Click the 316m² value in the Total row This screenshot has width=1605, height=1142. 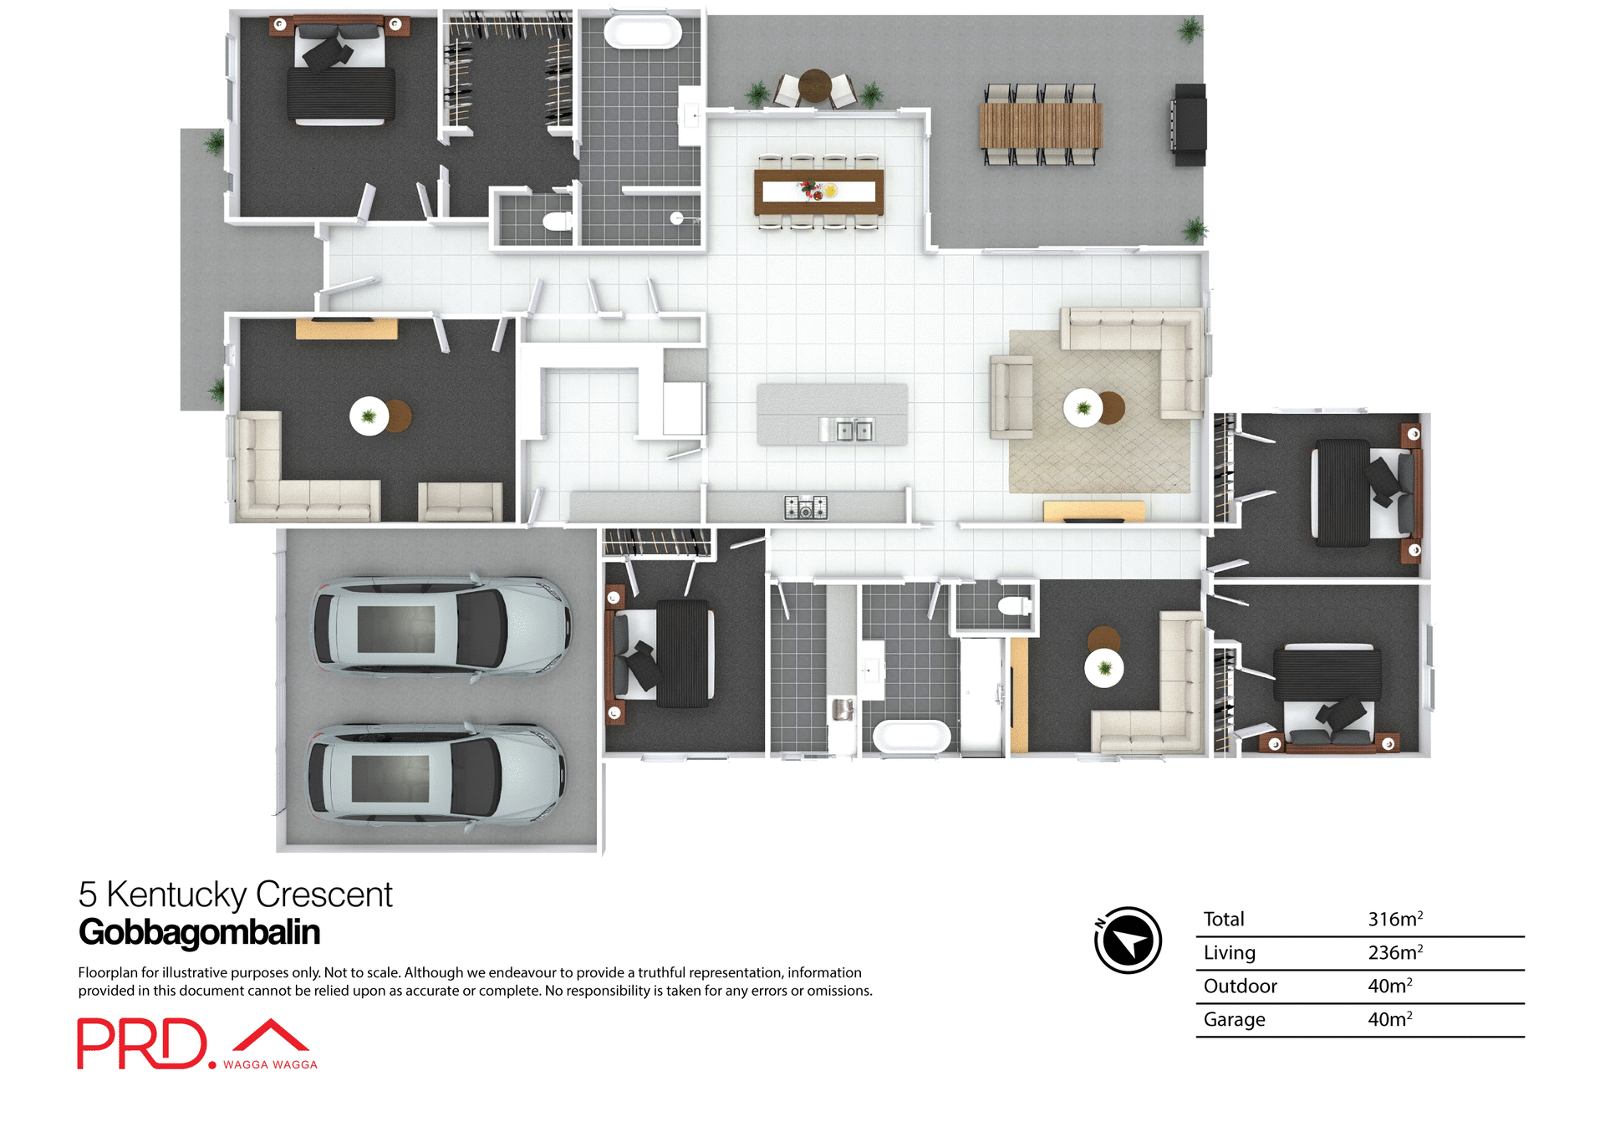pyautogui.click(x=1394, y=919)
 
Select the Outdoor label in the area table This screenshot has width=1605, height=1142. pyautogui.click(x=1240, y=986)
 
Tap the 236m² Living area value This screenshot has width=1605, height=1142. pyautogui.click(x=1394, y=952)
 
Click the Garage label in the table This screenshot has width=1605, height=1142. pyautogui.click(x=1234, y=1019)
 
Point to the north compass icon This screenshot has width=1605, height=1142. pyautogui.click(x=1128, y=940)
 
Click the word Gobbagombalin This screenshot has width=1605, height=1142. pyautogui.click(x=199, y=932)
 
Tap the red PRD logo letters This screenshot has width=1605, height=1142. pyautogui.click(x=142, y=1043)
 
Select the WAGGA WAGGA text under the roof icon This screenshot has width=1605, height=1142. pyautogui.click(x=270, y=1064)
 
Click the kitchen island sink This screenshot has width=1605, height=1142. pyautogui.click(x=846, y=430)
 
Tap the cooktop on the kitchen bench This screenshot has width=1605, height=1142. pyautogui.click(x=805, y=507)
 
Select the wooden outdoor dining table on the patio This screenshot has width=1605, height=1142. pyautogui.click(x=1040, y=125)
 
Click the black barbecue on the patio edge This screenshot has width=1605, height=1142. pyautogui.click(x=1190, y=125)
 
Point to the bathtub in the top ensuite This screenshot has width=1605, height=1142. pyautogui.click(x=642, y=33)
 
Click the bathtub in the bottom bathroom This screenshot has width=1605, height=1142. pyautogui.click(x=911, y=737)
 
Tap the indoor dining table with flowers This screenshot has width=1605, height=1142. pyautogui.click(x=818, y=191)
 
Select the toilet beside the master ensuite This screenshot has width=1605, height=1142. pyautogui.click(x=556, y=222)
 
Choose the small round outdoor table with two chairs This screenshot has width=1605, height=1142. pyautogui.click(x=814, y=86)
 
